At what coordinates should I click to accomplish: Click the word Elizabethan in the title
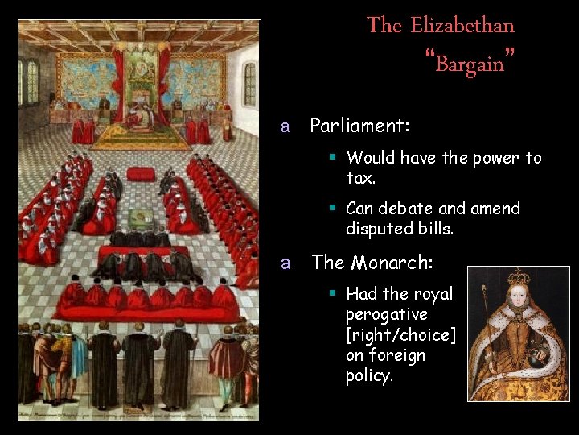click(x=462, y=25)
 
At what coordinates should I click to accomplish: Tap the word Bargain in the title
click(x=470, y=62)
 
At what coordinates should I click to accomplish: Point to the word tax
click(x=360, y=178)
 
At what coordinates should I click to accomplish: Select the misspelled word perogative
click(x=387, y=314)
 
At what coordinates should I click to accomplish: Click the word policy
click(x=369, y=376)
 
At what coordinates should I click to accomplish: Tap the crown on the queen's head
click(x=519, y=278)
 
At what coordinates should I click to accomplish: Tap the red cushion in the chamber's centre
click(x=141, y=173)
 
